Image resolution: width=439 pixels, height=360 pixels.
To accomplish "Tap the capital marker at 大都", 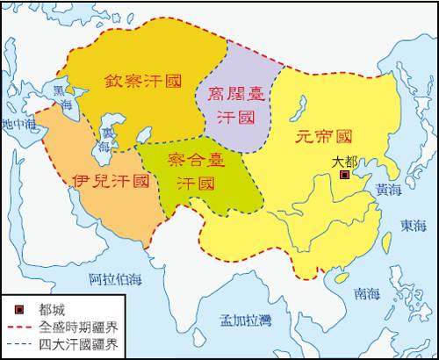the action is (x=344, y=176).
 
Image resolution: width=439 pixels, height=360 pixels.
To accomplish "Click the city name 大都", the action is (x=345, y=162).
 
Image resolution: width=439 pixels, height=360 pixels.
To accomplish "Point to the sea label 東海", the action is (x=413, y=226).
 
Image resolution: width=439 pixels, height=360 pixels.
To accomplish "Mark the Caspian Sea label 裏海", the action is (x=105, y=140).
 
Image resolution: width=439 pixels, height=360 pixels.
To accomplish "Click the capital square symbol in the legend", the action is (x=19, y=310).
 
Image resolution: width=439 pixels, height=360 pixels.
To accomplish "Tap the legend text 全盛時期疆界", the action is (x=78, y=327).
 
